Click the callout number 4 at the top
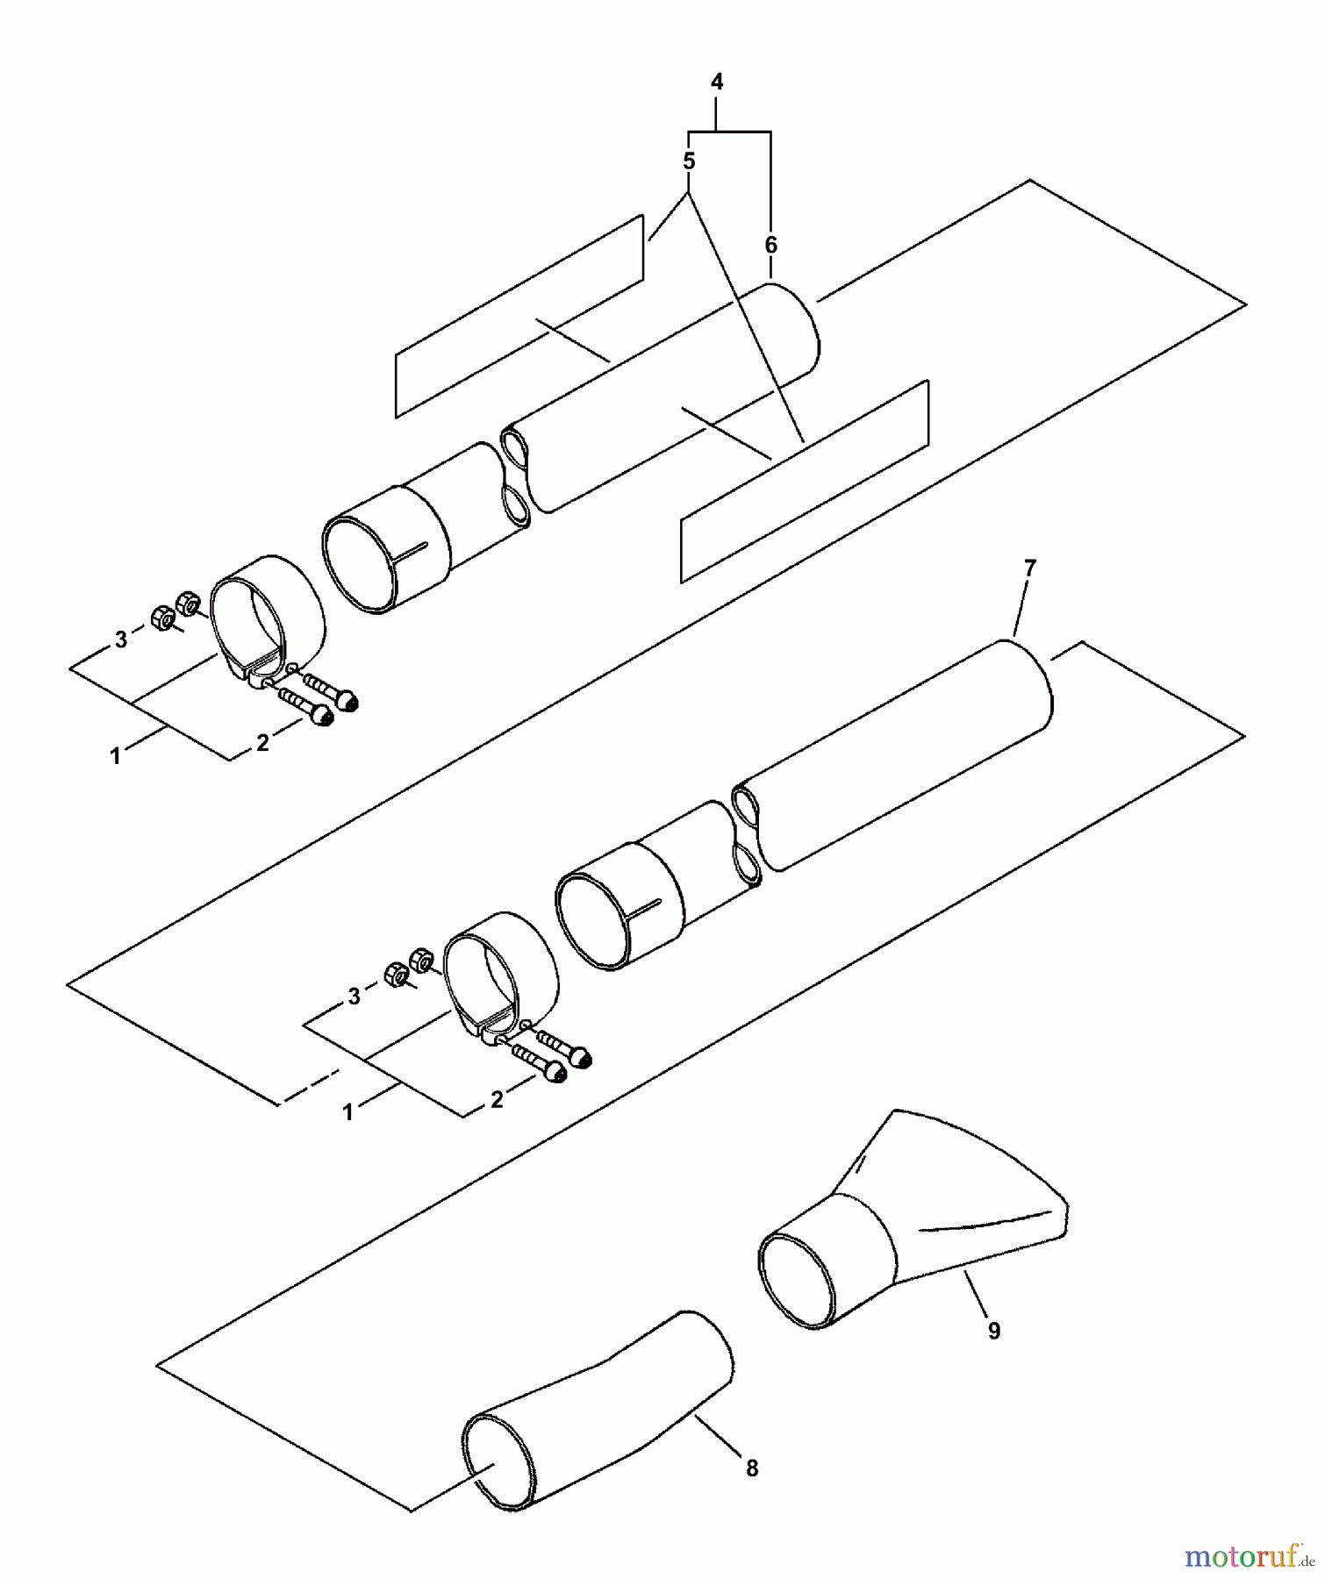717,82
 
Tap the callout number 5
689,161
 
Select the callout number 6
770,246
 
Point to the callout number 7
1030,568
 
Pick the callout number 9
994,1331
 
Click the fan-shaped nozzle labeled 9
913,1224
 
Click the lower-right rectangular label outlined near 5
805,481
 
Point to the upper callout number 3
121,639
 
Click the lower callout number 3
355,997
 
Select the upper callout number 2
262,742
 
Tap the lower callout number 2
497,1099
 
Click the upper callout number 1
115,755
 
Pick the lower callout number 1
348,1112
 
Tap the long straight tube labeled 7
895,754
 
